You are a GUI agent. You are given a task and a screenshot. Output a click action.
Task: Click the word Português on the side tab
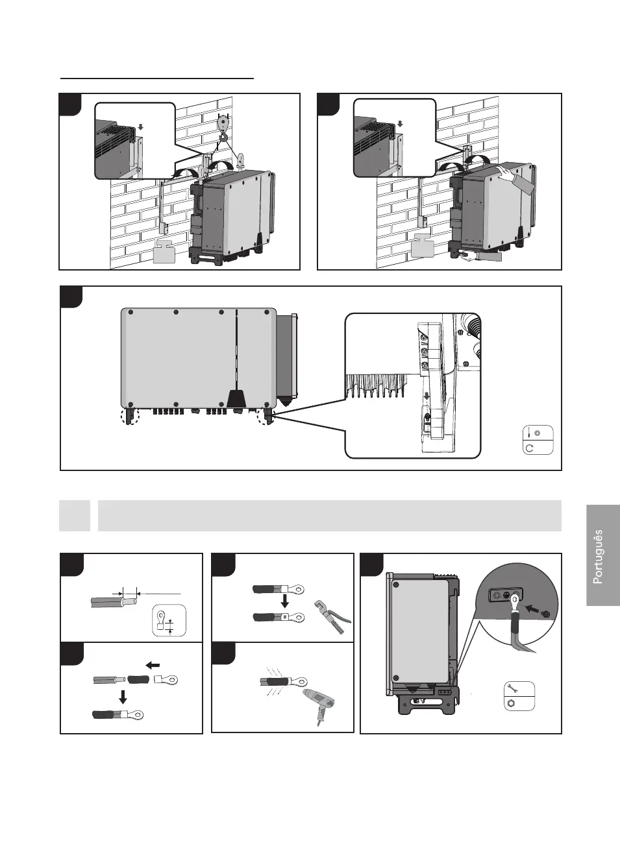598,557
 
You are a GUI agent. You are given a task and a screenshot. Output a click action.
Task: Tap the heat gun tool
319,705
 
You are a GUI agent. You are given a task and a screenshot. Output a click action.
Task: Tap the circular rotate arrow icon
529,448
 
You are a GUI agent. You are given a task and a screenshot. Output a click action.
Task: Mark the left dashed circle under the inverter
132,416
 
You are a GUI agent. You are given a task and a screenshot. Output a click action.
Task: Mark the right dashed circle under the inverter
266,417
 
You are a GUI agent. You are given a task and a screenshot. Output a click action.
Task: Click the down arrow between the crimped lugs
284,603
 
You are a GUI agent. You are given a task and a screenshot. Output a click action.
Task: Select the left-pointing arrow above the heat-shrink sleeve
153,665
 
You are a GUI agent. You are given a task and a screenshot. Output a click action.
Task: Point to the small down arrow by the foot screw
427,396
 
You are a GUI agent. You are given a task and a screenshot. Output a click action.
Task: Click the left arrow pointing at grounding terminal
532,609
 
